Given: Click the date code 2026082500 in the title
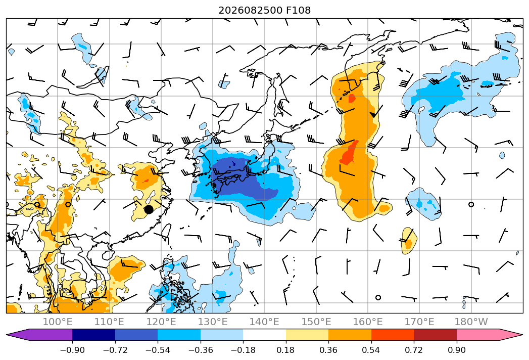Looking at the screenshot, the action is [x=251, y=10].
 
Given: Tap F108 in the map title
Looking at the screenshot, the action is [x=298, y=10].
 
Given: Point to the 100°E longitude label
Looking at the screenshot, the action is [x=58, y=322].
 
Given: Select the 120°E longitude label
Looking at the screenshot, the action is [x=161, y=322].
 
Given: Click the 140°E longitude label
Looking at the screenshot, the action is [x=264, y=322].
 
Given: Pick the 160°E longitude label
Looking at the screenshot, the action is [x=368, y=322].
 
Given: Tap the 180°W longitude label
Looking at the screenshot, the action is [x=471, y=322].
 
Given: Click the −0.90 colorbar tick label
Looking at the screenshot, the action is [x=72, y=350].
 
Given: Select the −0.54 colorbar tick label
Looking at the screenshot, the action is [x=158, y=350].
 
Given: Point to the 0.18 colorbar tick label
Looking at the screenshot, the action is [x=286, y=350].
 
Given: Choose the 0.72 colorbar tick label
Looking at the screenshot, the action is [x=414, y=350].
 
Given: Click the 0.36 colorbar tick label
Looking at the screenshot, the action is [x=328, y=350].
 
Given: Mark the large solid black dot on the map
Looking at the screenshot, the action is [x=149, y=209].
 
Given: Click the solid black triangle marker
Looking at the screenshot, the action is [x=373, y=115].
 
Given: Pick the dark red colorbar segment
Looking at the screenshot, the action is [x=435, y=334].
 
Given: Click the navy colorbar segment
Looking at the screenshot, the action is [x=94, y=334].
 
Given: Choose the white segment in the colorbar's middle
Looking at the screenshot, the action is [x=265, y=334].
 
